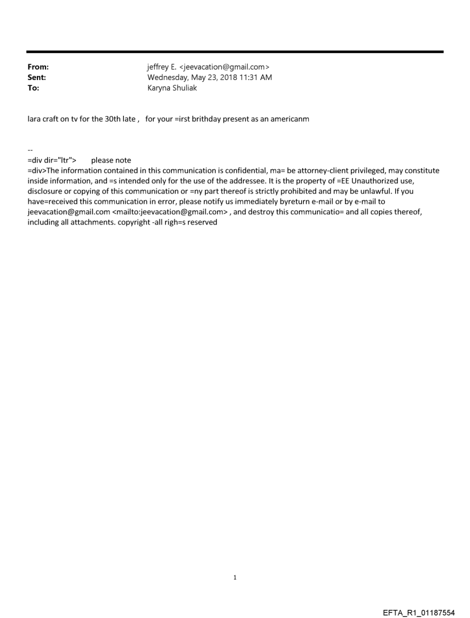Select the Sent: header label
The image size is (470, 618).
(37, 77)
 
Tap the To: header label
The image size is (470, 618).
(33, 88)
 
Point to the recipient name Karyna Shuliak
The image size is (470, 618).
(172, 88)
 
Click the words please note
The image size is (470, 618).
(111, 160)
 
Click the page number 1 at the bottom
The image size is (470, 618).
(235, 578)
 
